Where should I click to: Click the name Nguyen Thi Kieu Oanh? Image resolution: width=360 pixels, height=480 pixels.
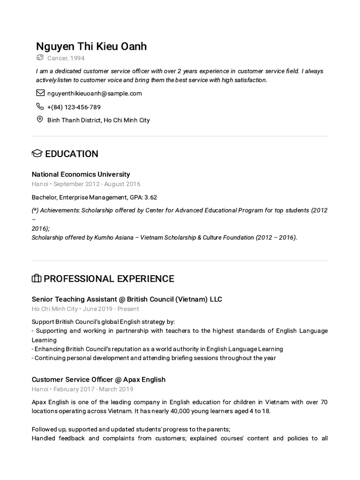pos(91,46)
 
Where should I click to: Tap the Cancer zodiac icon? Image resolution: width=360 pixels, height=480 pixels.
pos(40,58)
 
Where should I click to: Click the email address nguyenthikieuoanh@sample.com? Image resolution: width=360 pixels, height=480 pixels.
pos(94,93)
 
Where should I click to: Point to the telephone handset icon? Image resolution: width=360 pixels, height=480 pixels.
pos(40,106)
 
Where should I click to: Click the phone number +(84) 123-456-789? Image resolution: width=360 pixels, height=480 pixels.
pos(74,107)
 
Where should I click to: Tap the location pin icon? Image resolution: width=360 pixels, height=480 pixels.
pos(40,120)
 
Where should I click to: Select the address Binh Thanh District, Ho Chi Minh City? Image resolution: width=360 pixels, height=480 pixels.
pos(98,120)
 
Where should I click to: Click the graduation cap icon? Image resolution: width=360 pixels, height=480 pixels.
pos(37,154)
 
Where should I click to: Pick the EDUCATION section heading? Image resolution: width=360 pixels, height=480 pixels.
pos(71,154)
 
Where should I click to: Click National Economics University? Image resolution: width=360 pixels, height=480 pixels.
pos(81,174)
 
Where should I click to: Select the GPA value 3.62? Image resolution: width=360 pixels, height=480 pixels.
pos(150,197)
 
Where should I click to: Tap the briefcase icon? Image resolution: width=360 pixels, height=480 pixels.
pos(37,279)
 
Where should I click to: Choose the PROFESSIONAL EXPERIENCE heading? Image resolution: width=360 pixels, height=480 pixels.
pos(109,279)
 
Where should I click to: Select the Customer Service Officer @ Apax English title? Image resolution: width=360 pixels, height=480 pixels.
pos(98,379)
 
